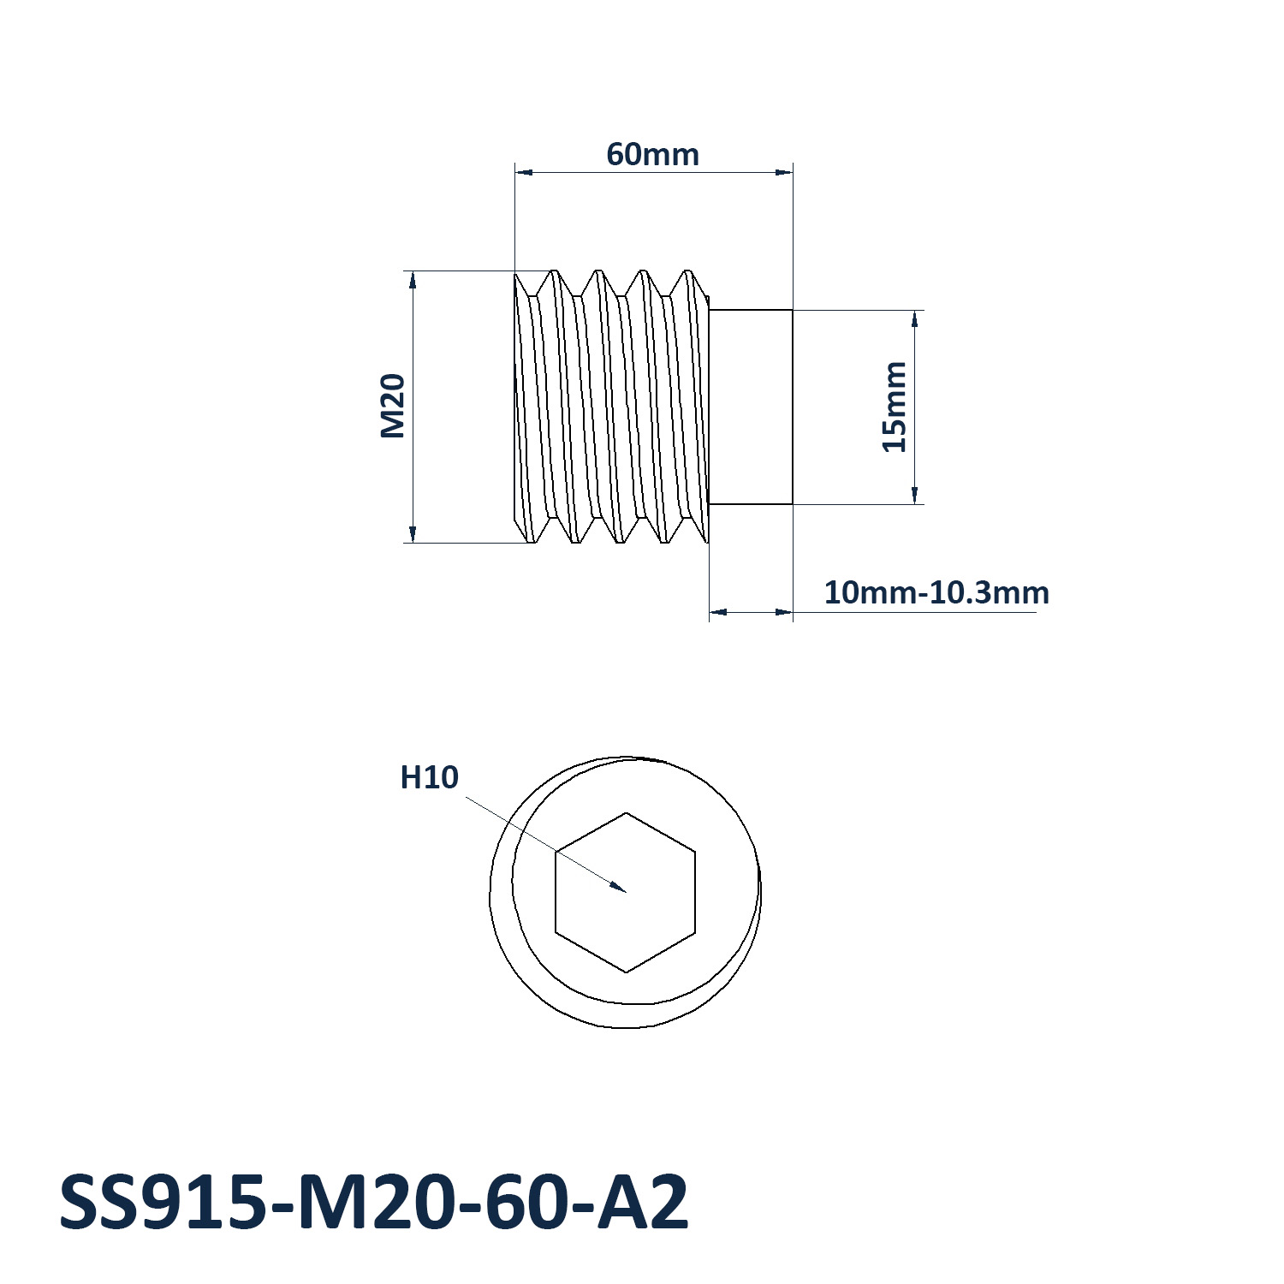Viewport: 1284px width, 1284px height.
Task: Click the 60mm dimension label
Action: (x=652, y=155)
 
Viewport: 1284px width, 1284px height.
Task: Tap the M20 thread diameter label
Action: (x=392, y=406)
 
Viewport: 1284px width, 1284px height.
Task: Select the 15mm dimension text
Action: (x=894, y=407)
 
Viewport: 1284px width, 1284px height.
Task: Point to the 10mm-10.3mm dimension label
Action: (x=936, y=592)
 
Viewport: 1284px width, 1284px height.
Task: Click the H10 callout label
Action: (x=430, y=777)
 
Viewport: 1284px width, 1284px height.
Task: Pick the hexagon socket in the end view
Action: (x=626, y=892)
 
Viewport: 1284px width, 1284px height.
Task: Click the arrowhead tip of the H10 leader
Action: (x=627, y=892)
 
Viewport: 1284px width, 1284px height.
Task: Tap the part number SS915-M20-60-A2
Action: (x=374, y=1203)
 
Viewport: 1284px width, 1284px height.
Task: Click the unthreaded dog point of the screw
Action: (x=752, y=407)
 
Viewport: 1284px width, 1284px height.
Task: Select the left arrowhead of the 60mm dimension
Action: (x=515, y=172)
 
